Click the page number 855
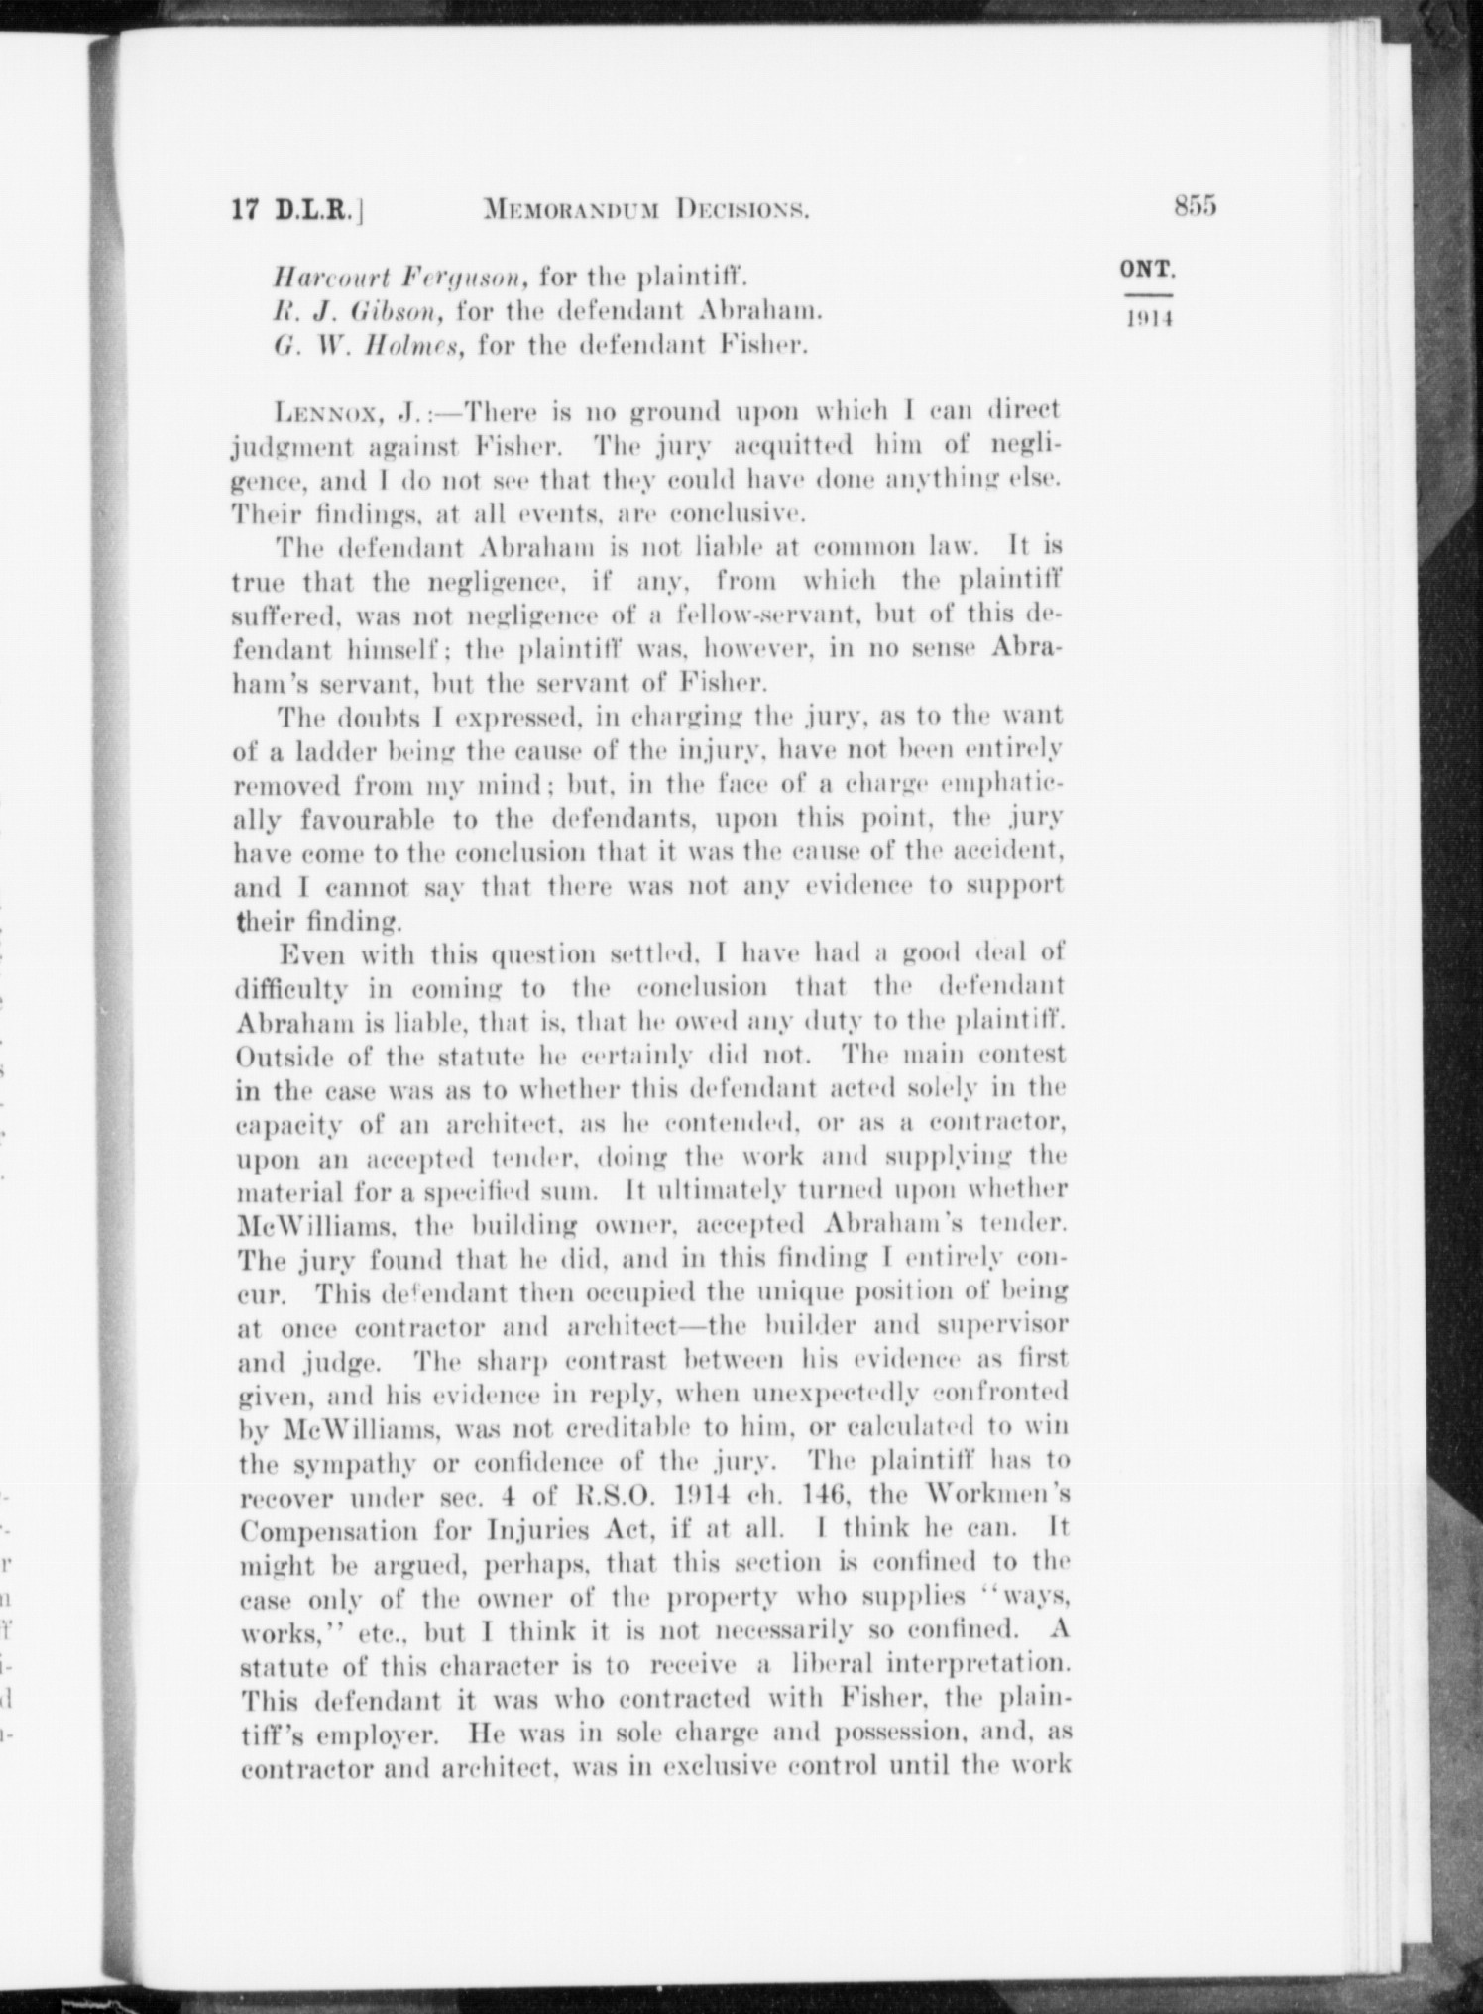pos(1195,207)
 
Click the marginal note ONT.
pos(1148,269)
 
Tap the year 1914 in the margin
pos(1148,320)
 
